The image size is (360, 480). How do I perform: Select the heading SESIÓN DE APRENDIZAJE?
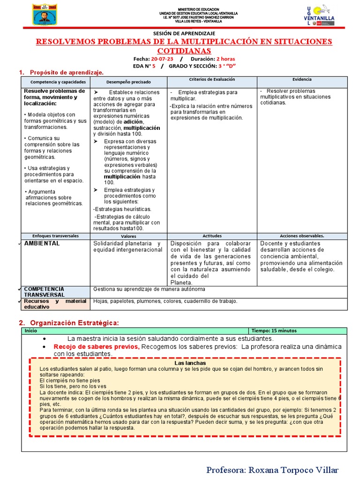point(184,33)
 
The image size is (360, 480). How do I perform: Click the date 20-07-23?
point(162,59)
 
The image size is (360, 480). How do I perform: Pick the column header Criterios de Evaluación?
point(212,80)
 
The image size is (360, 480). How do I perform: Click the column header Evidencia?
point(302,80)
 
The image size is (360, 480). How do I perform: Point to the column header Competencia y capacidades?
point(55,82)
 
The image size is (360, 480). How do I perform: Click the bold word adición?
point(134,122)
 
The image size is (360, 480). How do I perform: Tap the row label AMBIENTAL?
point(42,244)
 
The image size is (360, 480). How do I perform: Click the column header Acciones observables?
point(302,236)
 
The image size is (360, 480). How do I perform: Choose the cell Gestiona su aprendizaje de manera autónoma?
point(149,289)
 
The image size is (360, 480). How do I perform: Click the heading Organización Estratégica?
point(75,323)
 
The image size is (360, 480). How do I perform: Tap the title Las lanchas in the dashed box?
point(190,363)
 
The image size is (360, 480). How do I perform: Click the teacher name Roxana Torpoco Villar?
point(272,470)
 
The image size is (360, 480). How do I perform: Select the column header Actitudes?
point(212,236)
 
